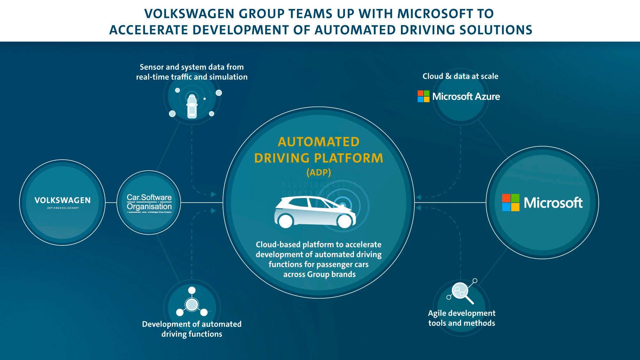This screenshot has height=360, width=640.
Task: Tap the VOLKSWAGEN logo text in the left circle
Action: [62, 200]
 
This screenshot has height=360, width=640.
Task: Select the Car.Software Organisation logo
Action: [149, 202]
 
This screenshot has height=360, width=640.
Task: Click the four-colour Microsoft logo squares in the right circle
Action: [510, 203]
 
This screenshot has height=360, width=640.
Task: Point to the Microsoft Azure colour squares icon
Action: [423, 96]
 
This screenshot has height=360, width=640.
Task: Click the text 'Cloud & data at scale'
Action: [460, 76]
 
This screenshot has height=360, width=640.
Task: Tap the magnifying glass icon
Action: [461, 292]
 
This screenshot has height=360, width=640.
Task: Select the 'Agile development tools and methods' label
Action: [461, 318]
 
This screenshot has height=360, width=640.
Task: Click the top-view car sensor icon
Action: [192, 106]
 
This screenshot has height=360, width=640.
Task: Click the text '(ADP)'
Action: [318, 172]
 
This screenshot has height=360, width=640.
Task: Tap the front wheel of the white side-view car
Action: [345, 221]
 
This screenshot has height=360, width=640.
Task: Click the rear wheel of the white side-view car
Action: [285, 221]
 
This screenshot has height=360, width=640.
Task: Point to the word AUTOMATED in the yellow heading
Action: [319, 142]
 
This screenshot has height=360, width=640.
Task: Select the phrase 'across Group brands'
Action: [319, 274]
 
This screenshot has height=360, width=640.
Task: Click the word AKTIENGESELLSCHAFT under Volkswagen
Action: [63, 208]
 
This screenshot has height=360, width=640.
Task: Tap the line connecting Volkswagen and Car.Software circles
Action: [111, 203]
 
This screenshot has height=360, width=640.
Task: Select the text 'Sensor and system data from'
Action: [192, 67]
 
